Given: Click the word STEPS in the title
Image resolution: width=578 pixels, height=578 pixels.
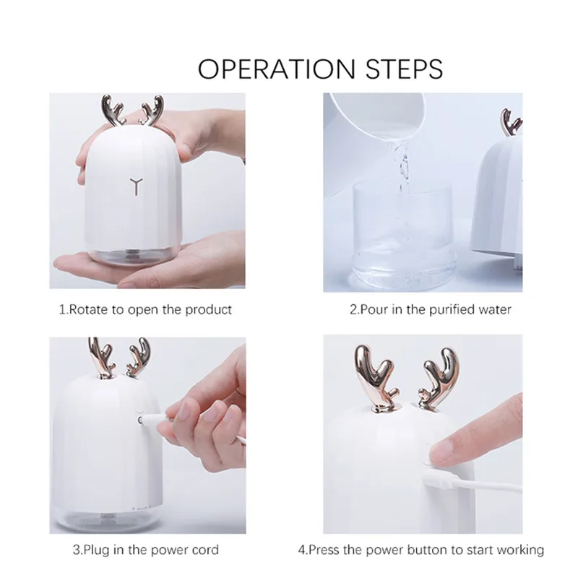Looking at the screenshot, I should [x=402, y=69].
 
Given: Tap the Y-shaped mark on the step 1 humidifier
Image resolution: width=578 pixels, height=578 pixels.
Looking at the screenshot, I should [x=135, y=186].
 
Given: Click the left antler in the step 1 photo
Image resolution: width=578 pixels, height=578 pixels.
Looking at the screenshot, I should [x=113, y=109].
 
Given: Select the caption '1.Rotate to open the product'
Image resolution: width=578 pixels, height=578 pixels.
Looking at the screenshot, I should [x=145, y=310].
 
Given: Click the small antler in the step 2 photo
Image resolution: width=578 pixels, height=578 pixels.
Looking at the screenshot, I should [x=512, y=123].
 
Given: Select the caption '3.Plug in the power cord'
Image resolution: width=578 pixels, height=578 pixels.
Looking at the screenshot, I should [x=145, y=550].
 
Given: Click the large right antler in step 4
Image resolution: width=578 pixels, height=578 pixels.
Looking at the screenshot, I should [x=437, y=372].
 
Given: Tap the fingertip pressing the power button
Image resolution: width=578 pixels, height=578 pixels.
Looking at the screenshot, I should [x=442, y=451].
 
